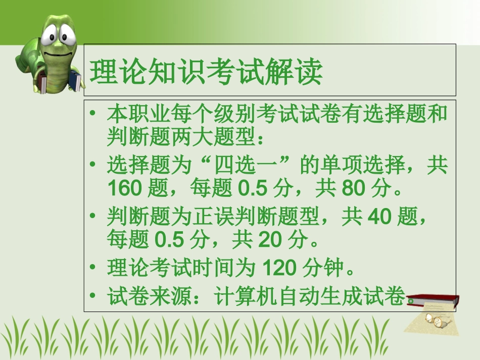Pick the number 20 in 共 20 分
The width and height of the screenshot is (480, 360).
click(x=271, y=241)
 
